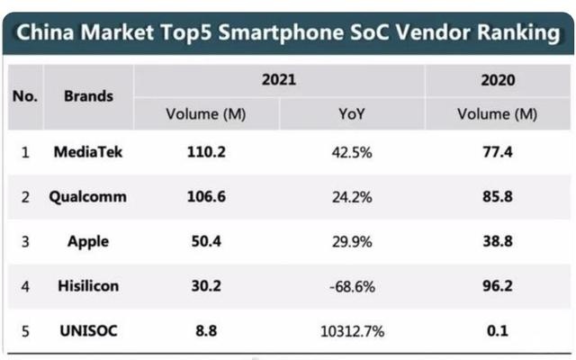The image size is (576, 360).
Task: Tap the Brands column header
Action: (88, 95)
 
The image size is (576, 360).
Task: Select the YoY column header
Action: (352, 114)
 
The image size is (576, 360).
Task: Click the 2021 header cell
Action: (279, 80)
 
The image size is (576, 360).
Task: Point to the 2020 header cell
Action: (497, 80)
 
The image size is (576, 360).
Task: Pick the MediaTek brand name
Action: (88, 152)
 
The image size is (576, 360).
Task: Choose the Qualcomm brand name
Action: (88, 197)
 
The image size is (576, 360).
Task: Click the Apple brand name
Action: (88, 241)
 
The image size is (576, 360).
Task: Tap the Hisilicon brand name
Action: (88, 286)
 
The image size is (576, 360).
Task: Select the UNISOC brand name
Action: (88, 331)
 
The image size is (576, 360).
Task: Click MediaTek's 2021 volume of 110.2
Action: (206, 152)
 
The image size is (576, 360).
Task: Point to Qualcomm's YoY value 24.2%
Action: (352, 197)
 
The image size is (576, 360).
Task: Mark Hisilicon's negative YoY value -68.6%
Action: (352, 286)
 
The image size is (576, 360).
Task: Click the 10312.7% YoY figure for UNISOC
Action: (352, 331)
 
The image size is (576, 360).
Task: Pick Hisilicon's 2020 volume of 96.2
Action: (497, 286)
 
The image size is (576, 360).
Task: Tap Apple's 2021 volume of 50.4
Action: (206, 241)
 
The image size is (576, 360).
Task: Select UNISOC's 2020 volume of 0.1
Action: (497, 331)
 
